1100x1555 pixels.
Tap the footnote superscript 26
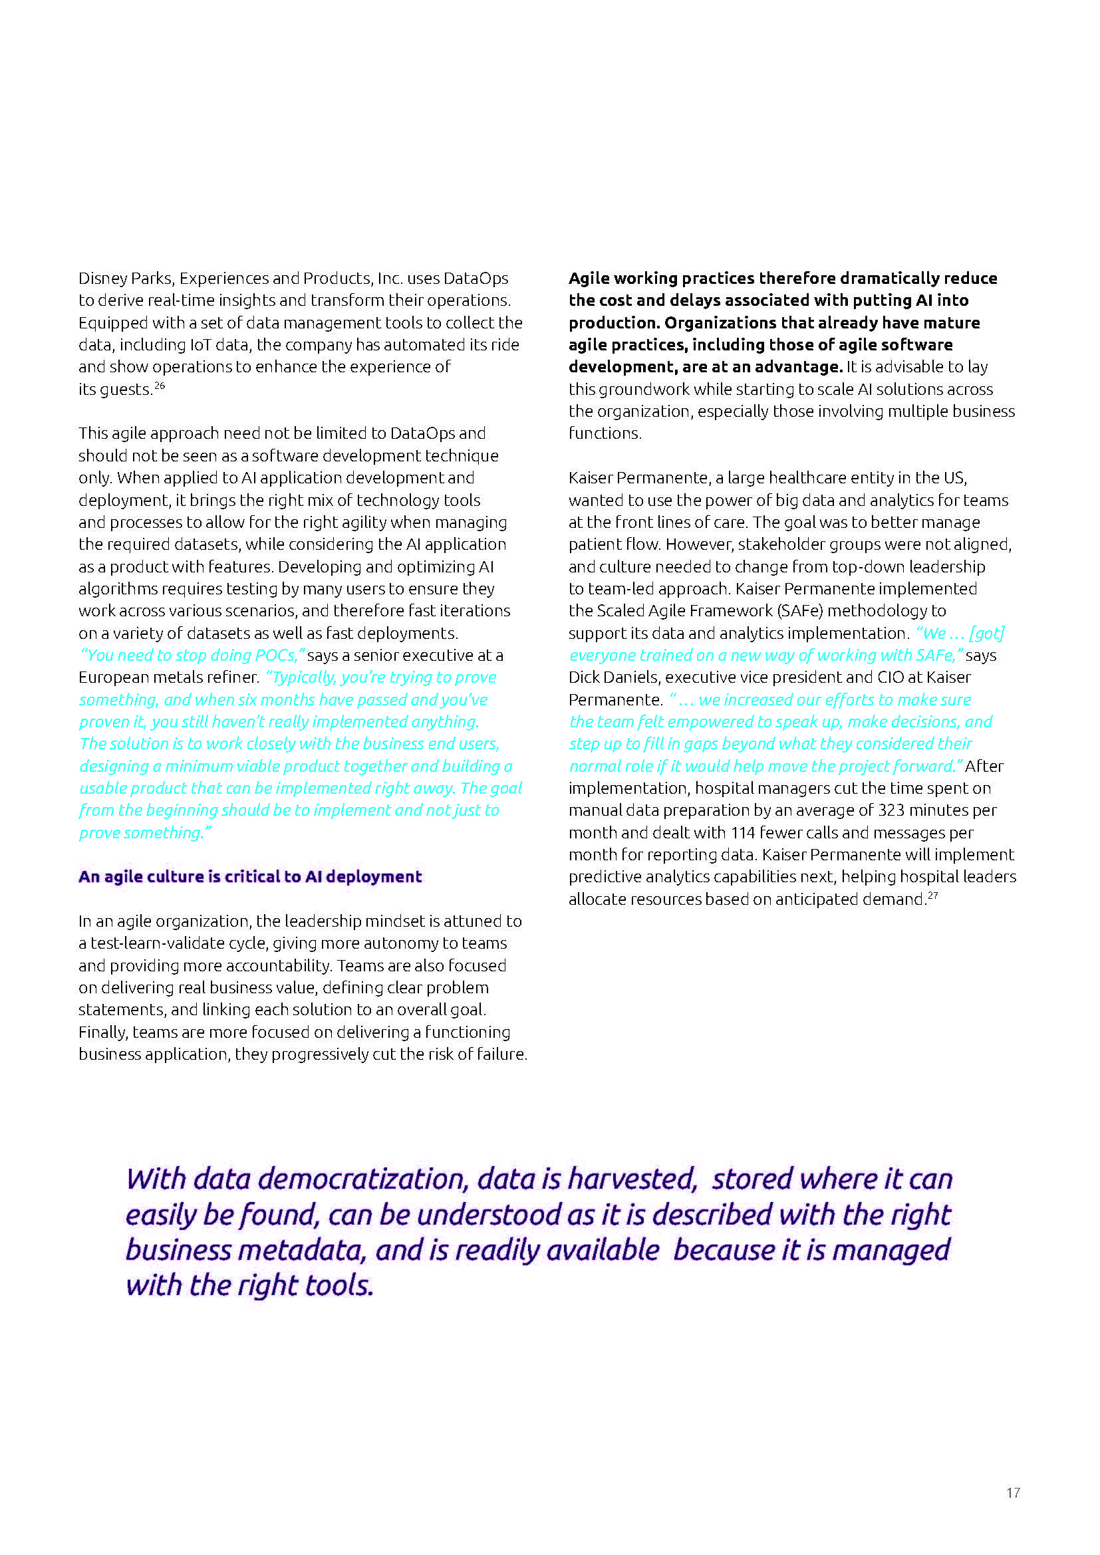tap(160, 386)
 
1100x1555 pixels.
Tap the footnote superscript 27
tap(932, 896)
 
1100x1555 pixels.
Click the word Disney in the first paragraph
tap(101, 279)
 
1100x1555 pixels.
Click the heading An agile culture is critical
tap(250, 876)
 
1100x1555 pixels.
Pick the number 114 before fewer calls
tap(743, 832)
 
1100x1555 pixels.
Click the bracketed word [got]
tap(987, 634)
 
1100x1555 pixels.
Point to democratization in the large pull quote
tap(363, 1179)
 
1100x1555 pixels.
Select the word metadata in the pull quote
tap(301, 1251)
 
